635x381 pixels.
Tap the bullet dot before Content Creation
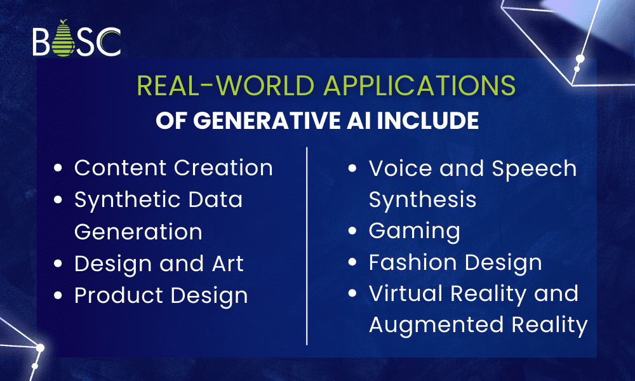[x=59, y=169]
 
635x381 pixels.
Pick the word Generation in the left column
[x=138, y=232]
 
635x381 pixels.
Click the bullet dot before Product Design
[x=59, y=296]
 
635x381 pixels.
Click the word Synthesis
[x=422, y=200]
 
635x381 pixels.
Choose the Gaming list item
[x=414, y=232]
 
